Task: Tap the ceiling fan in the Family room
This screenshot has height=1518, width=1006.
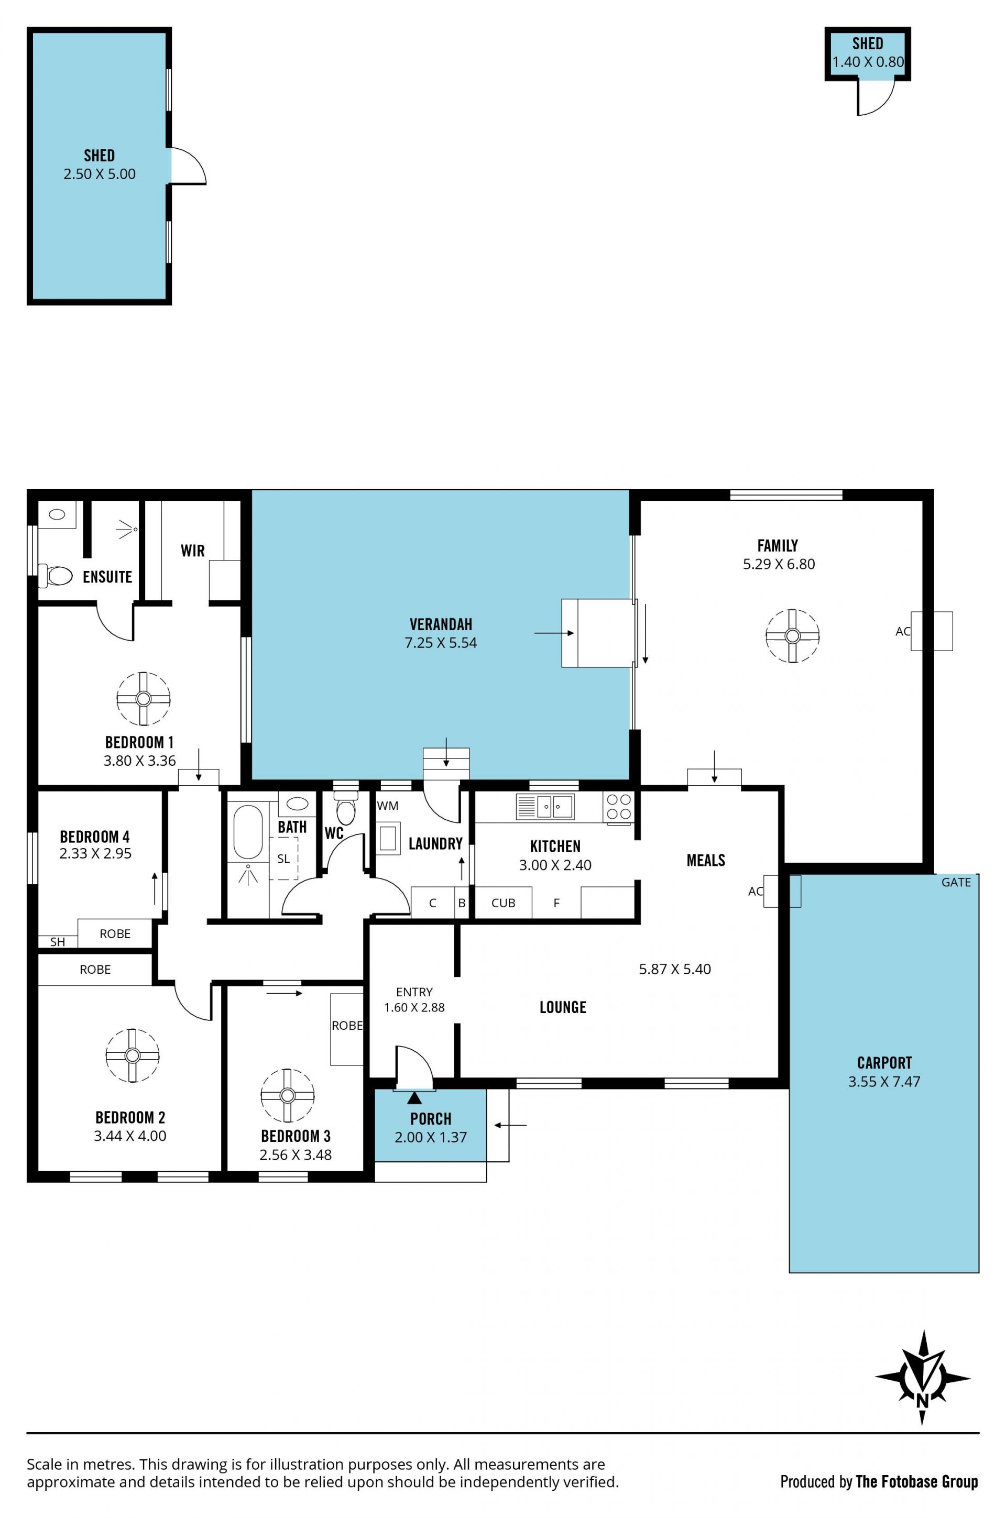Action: [792, 635]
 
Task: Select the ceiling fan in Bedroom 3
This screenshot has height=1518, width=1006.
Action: [288, 1095]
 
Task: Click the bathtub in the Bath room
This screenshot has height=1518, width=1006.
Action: [248, 832]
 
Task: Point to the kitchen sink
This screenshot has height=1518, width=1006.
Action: [545, 806]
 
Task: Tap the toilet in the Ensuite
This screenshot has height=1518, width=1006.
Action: [56, 575]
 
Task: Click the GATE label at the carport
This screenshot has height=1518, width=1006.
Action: [956, 883]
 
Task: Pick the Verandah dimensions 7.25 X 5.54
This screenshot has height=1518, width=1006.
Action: [441, 643]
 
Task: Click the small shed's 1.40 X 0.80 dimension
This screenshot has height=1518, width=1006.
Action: [868, 62]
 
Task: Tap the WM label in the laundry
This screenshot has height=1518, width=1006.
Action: [388, 806]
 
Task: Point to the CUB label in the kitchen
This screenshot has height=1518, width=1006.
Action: [503, 903]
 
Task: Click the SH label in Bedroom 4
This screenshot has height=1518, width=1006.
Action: [58, 942]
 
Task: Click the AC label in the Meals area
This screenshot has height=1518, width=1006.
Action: [756, 891]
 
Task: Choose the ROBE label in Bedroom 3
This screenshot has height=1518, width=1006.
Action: [347, 1026]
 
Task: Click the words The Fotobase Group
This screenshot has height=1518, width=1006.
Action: [917, 1481]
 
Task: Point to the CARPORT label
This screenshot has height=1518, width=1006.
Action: [884, 1063]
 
